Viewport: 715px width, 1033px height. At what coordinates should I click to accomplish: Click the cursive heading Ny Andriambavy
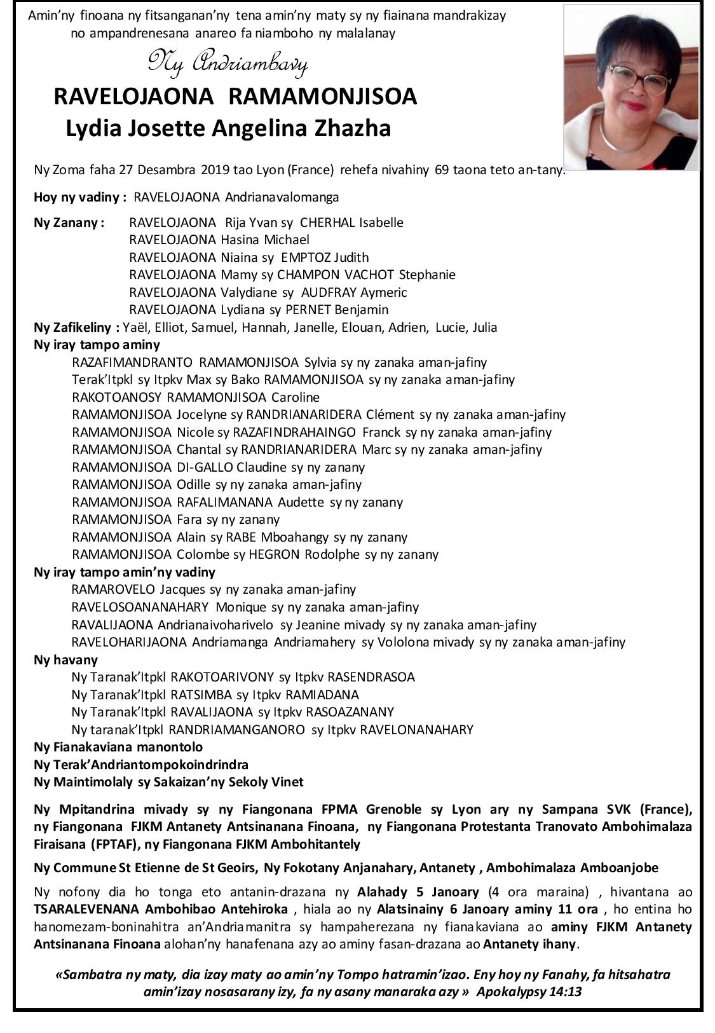click(x=228, y=63)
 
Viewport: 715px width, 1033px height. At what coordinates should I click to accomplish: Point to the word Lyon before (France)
click(x=269, y=170)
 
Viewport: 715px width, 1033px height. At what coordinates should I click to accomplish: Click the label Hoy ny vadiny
click(x=81, y=197)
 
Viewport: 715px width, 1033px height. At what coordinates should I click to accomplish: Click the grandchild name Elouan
click(x=374, y=327)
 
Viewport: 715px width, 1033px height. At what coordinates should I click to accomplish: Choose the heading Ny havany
click(x=66, y=659)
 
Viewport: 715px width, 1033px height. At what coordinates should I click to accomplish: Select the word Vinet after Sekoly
click(x=285, y=782)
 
